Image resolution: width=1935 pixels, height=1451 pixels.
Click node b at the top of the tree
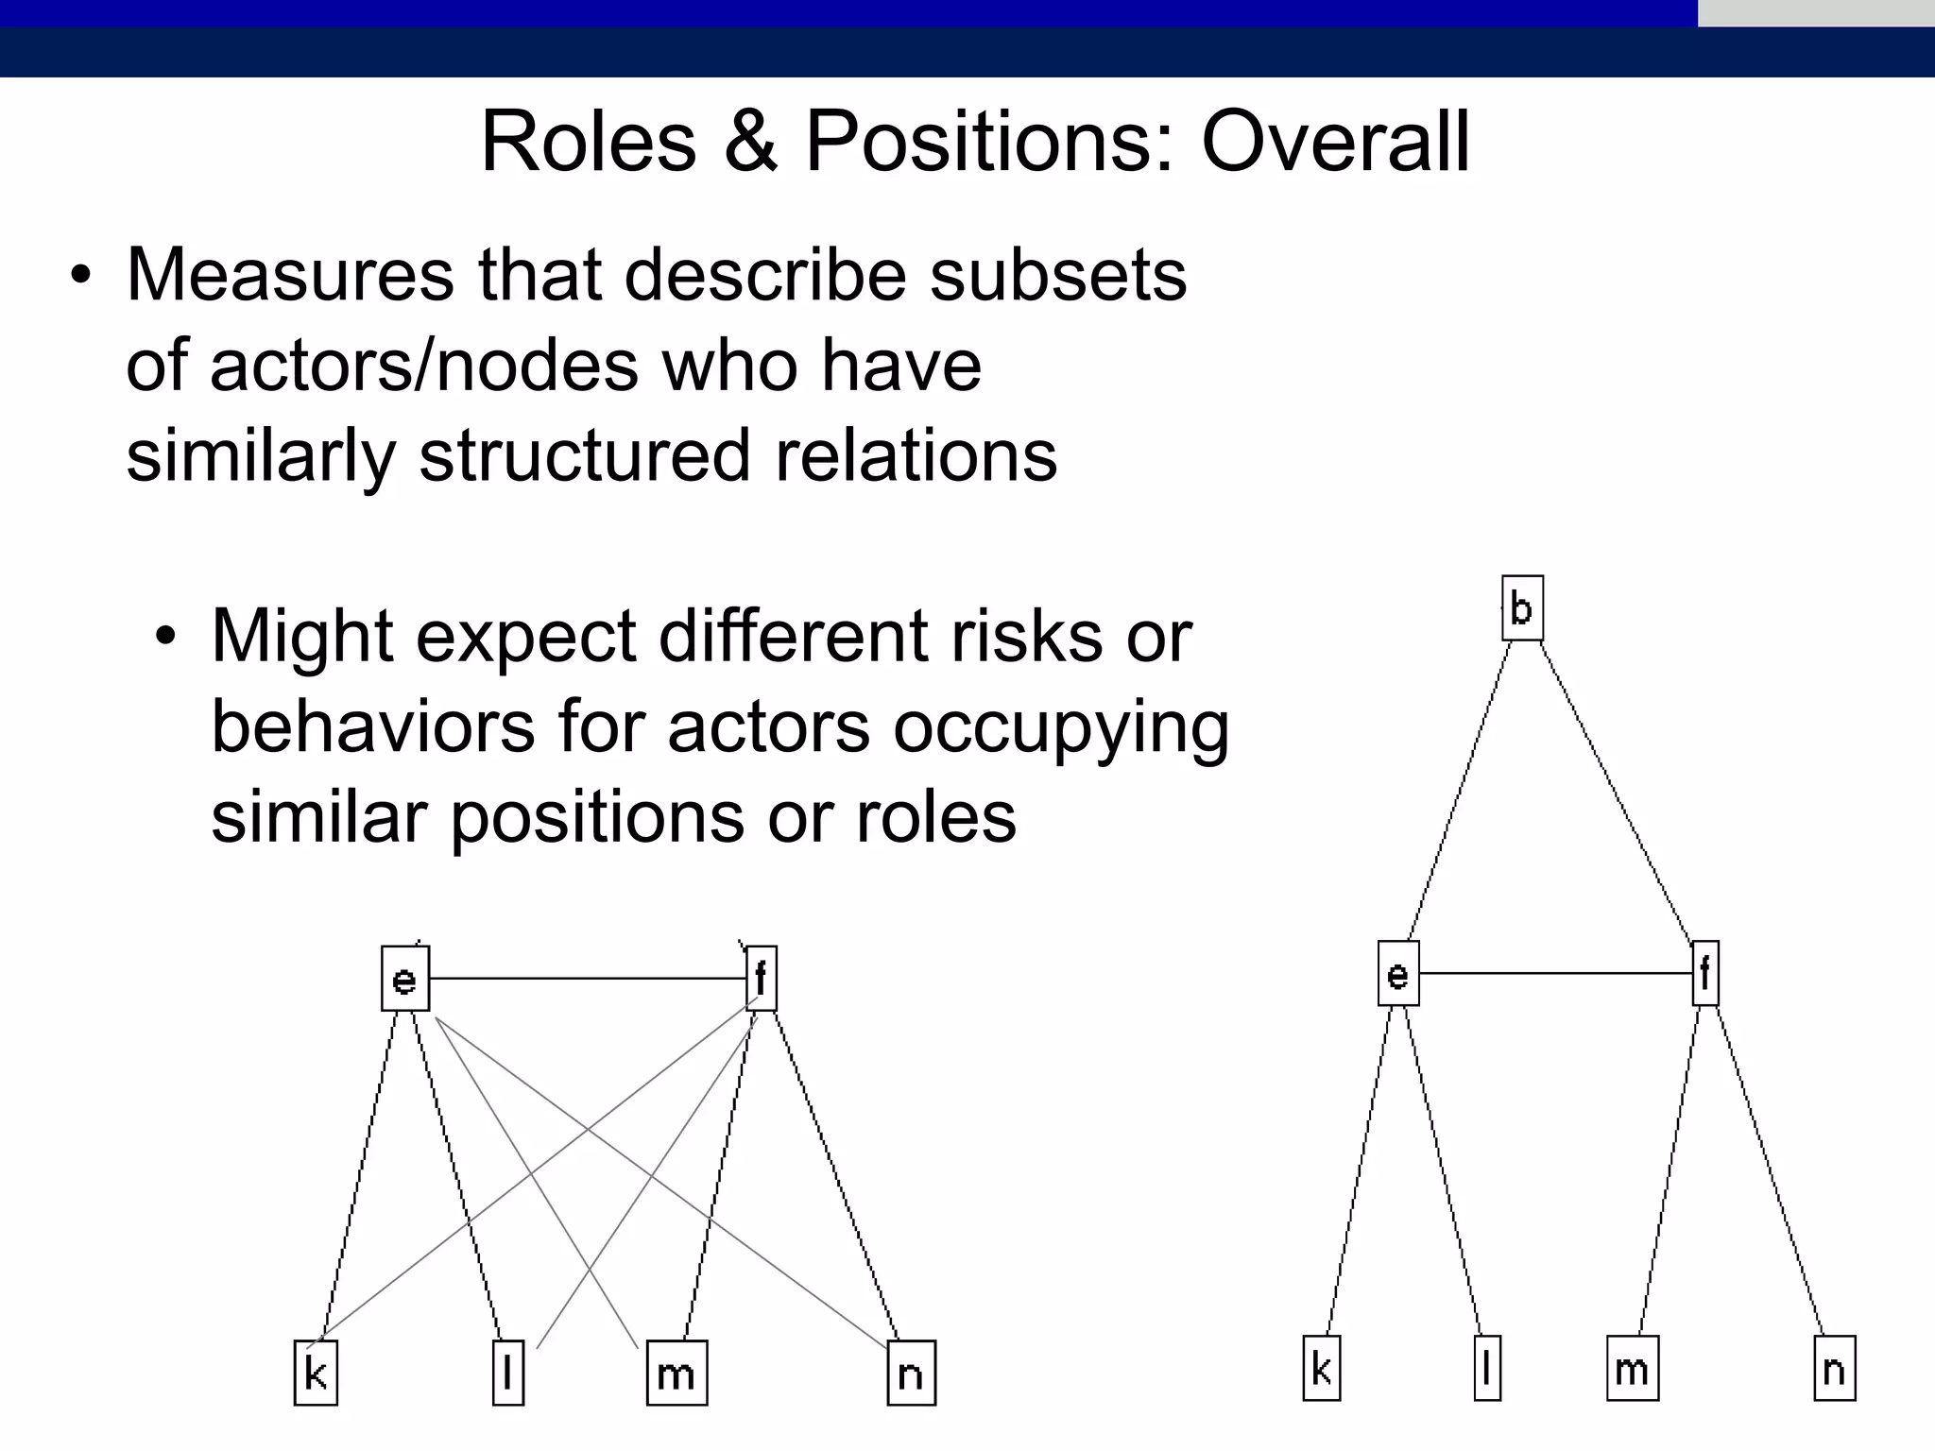(x=1522, y=608)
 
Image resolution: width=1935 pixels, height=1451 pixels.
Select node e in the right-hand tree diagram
(x=1398, y=973)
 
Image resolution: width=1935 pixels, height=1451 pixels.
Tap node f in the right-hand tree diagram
(x=1705, y=973)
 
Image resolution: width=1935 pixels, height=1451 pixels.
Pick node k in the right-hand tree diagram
(x=1321, y=1368)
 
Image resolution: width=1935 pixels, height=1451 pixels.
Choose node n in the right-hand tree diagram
(x=1835, y=1368)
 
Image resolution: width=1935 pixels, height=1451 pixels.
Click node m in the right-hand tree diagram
(x=1633, y=1368)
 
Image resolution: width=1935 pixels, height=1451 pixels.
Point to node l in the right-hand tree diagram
(x=1487, y=1368)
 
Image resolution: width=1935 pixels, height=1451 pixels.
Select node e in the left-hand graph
(x=405, y=979)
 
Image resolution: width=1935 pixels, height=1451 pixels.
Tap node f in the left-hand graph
(x=762, y=979)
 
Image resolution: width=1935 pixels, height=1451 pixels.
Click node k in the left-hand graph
(x=316, y=1373)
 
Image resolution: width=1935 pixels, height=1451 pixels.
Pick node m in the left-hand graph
(x=676, y=1373)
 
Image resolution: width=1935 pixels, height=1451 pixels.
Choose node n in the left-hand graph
(x=911, y=1373)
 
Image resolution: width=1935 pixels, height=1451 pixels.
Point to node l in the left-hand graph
(x=508, y=1373)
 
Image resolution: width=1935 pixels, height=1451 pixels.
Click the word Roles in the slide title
(x=589, y=142)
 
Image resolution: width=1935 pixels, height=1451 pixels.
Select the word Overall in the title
(x=1335, y=142)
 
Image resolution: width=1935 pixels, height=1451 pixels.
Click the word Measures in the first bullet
(x=290, y=275)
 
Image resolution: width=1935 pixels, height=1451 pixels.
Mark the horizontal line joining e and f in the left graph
(x=586, y=979)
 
